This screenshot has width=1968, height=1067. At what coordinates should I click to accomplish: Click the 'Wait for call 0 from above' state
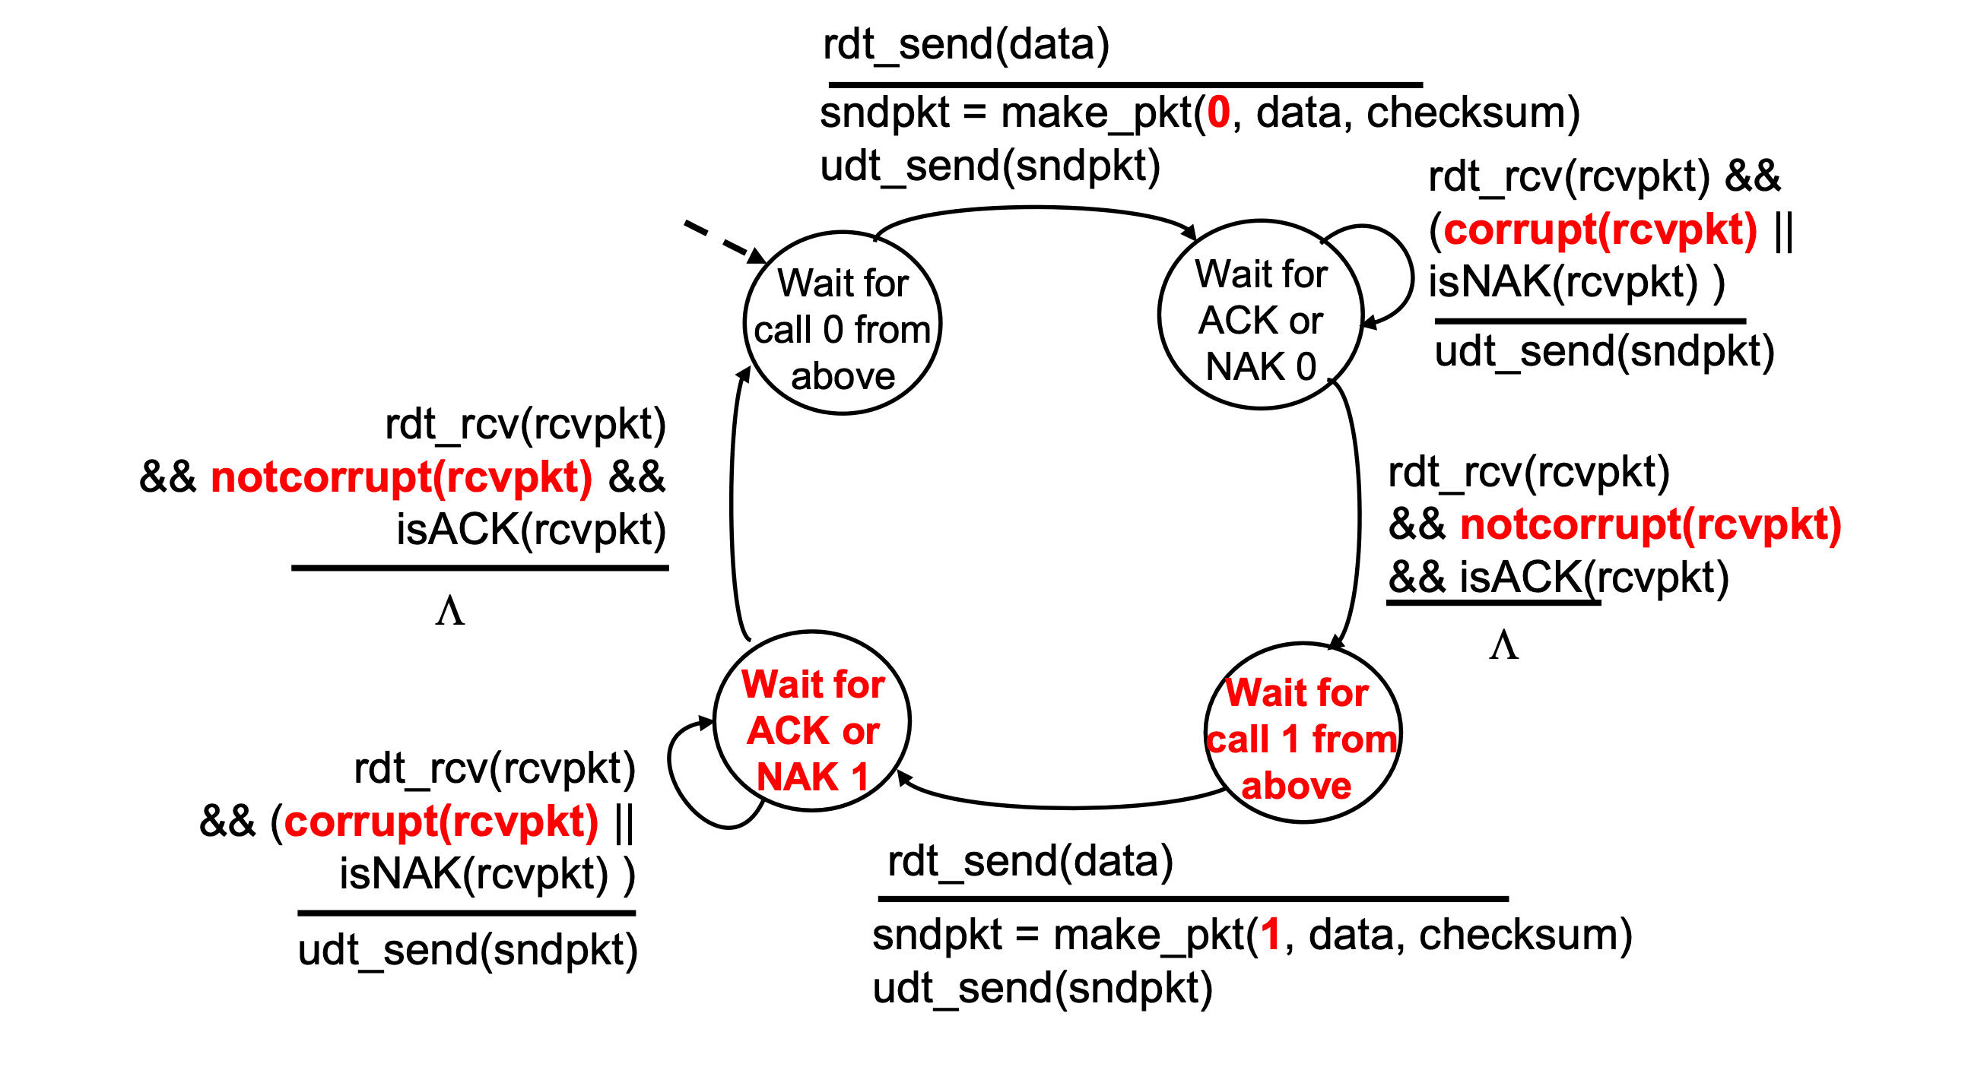[843, 323]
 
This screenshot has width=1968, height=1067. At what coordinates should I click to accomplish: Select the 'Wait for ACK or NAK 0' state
[1261, 315]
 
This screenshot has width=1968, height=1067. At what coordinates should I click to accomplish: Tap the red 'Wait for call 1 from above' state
[1303, 733]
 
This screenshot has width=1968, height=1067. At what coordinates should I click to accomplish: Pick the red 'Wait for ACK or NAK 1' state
[812, 721]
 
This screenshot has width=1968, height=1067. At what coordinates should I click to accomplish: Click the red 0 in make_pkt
[1218, 113]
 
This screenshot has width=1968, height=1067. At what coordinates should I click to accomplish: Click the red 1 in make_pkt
[1271, 935]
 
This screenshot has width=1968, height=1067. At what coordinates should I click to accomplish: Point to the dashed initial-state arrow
[724, 242]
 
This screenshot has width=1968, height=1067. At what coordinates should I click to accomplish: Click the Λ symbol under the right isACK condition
[1503, 645]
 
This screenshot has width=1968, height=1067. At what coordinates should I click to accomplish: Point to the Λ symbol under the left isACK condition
[450, 611]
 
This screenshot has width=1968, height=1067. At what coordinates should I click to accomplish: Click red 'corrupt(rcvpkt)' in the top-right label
[1600, 230]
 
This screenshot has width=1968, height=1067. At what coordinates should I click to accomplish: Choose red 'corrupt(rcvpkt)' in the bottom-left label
[441, 822]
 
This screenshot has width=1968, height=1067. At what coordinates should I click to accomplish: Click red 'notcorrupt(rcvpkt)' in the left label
[402, 477]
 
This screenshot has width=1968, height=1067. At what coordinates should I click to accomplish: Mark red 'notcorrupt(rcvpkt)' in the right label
[1651, 524]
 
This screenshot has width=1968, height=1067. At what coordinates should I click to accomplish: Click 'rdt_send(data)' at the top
[966, 43]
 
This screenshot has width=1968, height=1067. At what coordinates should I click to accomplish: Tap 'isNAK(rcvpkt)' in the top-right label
[1563, 281]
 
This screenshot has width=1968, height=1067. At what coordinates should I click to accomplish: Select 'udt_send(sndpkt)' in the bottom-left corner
[468, 950]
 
